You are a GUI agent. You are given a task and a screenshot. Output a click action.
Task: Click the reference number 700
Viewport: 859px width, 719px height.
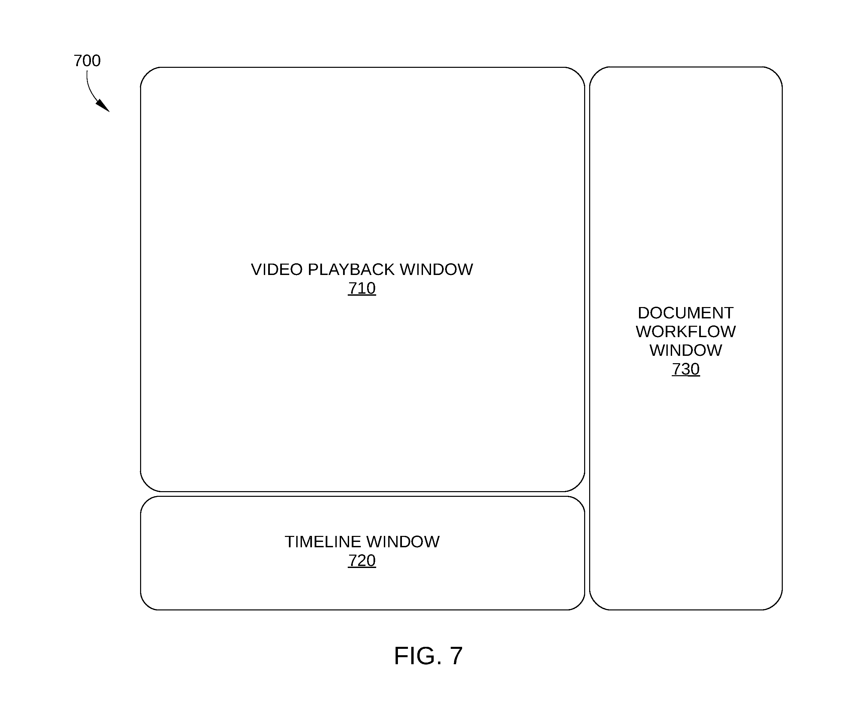tap(87, 60)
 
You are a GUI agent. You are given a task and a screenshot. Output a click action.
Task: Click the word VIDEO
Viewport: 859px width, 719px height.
tap(277, 269)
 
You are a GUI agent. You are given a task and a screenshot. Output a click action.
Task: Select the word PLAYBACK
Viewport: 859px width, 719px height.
tap(351, 269)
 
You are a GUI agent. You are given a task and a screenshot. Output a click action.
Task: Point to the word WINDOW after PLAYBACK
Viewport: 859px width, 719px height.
tap(436, 269)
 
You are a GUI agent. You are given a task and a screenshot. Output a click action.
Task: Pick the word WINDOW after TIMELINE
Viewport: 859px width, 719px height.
tap(403, 542)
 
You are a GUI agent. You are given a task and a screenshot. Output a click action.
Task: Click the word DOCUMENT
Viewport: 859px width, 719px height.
tap(685, 313)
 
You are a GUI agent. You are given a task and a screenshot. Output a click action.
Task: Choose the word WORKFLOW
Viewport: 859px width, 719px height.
tap(685, 331)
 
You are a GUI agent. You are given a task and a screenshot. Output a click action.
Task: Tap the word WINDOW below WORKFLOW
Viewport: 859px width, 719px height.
tap(685, 350)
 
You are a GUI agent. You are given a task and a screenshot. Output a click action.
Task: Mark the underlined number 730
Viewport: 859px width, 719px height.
tap(685, 369)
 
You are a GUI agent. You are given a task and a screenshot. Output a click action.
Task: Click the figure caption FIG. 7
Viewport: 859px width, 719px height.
tap(428, 656)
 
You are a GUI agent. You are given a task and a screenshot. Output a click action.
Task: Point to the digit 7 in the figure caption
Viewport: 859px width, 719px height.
tap(456, 656)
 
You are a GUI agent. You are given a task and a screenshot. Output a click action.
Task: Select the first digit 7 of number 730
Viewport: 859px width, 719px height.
tap(676, 369)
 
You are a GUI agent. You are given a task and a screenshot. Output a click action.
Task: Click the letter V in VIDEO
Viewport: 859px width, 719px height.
tap(256, 269)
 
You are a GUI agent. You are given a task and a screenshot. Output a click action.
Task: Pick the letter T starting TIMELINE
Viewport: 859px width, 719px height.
tap(290, 542)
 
